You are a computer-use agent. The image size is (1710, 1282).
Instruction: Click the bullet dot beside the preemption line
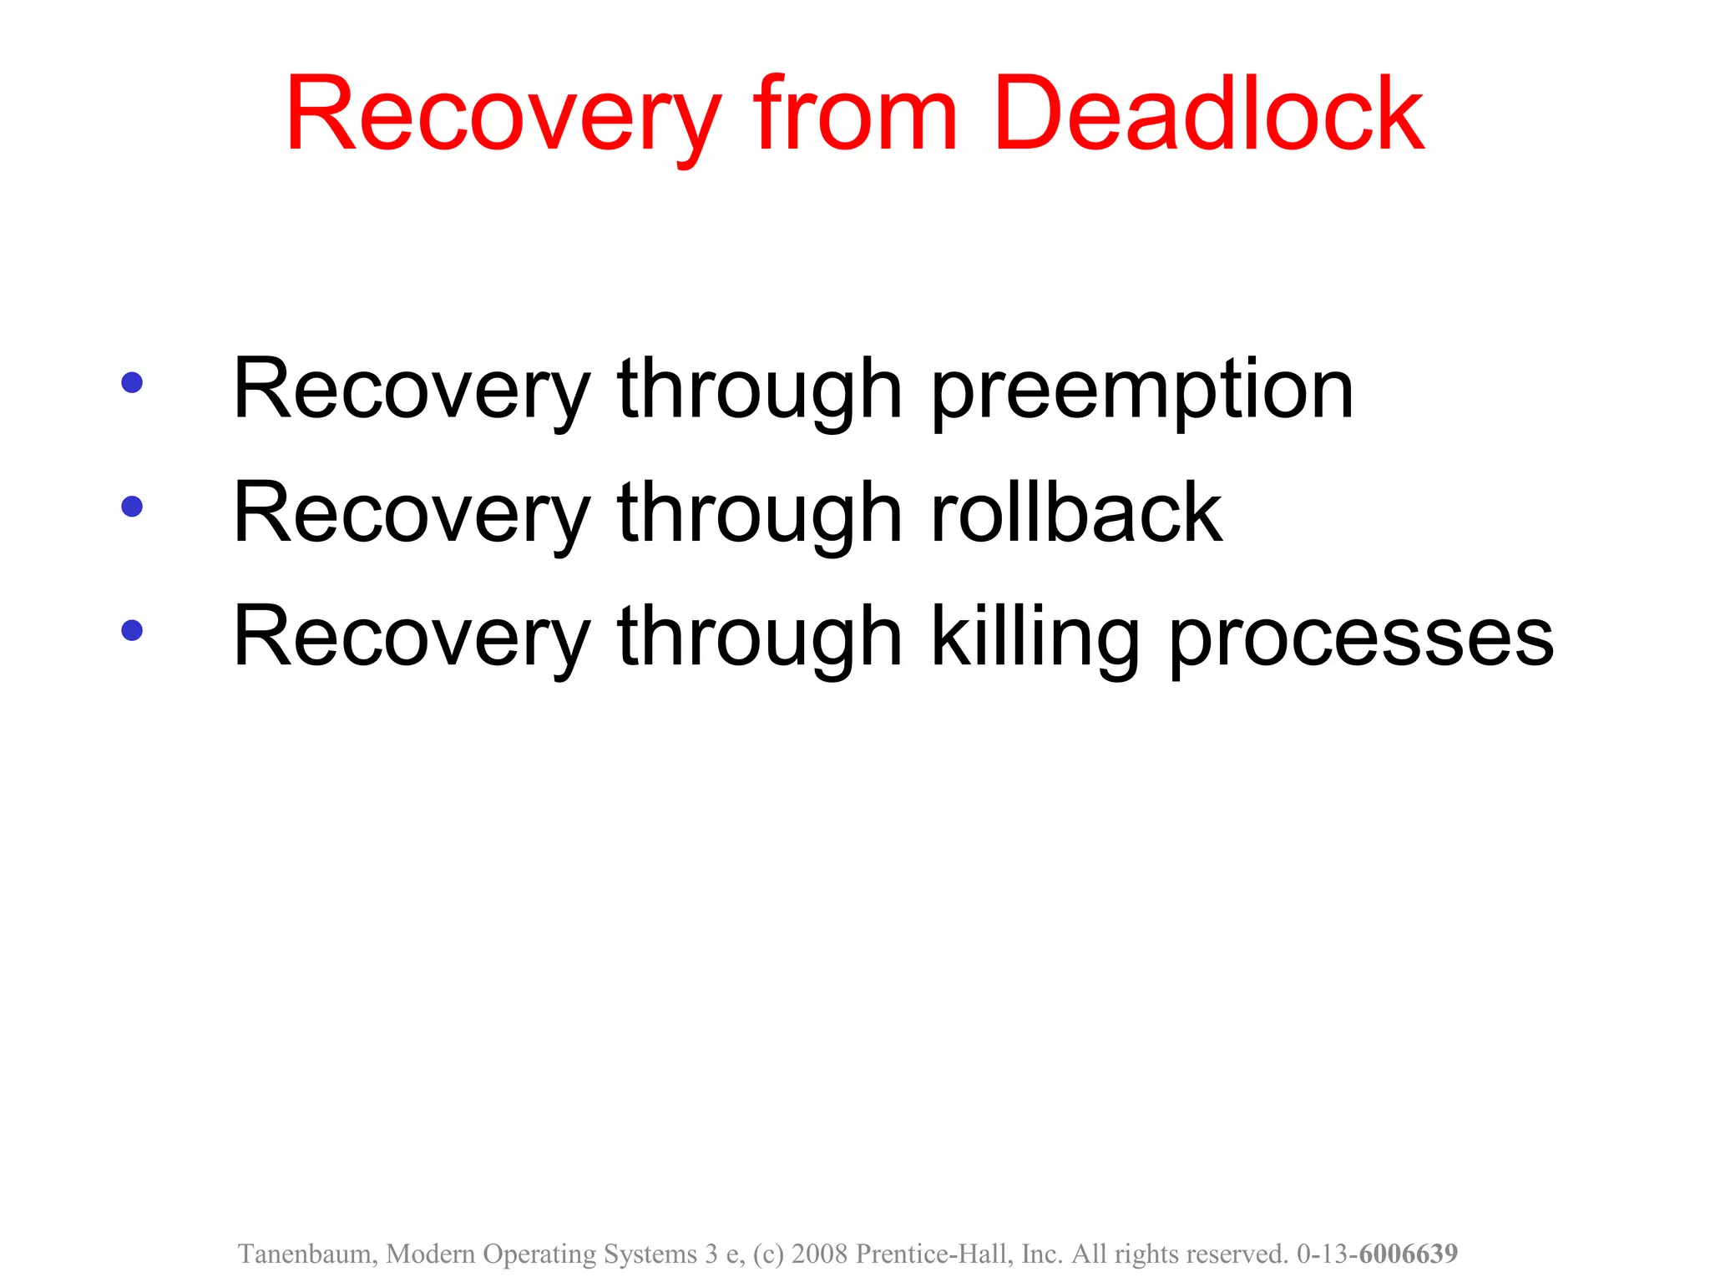click(x=132, y=382)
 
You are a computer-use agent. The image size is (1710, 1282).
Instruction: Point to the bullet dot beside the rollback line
click(x=132, y=506)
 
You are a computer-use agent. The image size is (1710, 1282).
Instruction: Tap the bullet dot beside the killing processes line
click(x=132, y=629)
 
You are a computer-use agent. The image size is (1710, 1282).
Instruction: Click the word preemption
click(x=1142, y=391)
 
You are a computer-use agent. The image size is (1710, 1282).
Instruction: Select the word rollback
click(x=1077, y=512)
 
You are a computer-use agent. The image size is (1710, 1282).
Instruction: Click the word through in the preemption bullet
click(x=760, y=391)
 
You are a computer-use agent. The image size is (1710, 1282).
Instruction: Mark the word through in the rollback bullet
click(x=760, y=514)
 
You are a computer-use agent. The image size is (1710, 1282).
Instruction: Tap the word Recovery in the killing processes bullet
click(x=412, y=638)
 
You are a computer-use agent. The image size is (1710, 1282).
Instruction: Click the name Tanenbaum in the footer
click(x=307, y=1254)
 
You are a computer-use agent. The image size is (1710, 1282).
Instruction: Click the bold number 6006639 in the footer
click(x=1409, y=1254)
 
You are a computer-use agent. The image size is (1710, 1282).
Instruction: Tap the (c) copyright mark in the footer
click(x=768, y=1254)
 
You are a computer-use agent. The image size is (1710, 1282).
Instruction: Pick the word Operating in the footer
click(x=539, y=1254)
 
